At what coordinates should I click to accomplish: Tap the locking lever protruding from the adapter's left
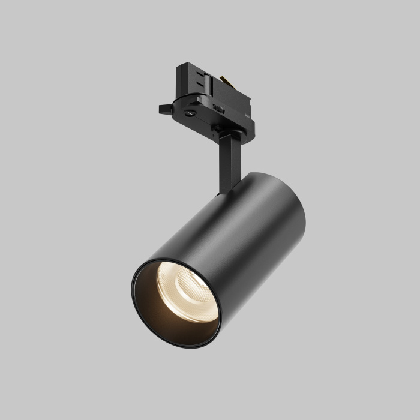(164, 109)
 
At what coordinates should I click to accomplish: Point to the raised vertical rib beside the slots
(211, 78)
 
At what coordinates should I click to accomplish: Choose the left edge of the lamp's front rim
(132, 288)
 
